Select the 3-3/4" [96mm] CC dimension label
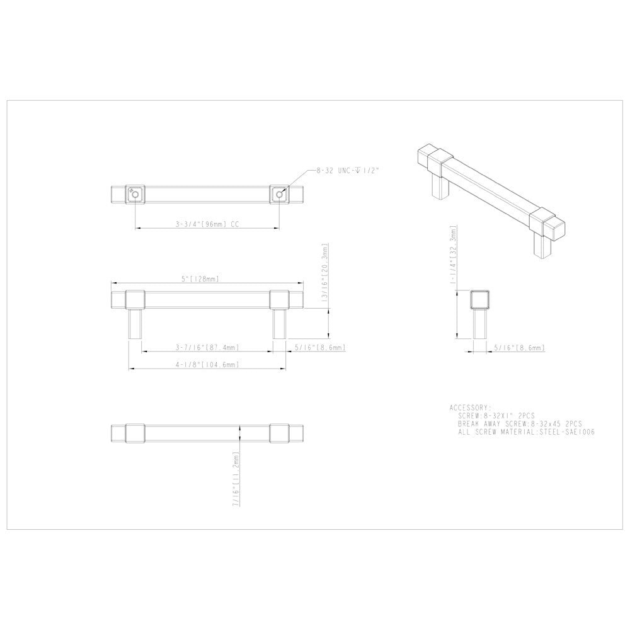point(208,223)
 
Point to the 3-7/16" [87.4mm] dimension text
point(208,347)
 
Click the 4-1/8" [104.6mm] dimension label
point(208,365)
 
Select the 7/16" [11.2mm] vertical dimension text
point(236,479)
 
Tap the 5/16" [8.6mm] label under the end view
point(519,348)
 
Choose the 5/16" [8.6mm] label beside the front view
point(320,348)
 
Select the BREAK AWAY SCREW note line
point(520,425)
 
